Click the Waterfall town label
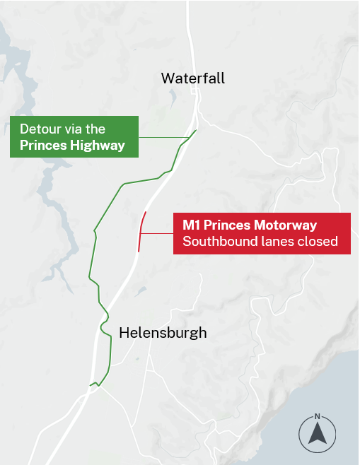(x=193, y=78)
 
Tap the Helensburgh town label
(x=163, y=332)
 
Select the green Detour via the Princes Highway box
(x=73, y=137)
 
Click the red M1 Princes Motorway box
(x=262, y=233)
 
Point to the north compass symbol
(x=318, y=432)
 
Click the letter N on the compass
(x=318, y=416)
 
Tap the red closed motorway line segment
(x=141, y=232)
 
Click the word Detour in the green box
(x=40, y=129)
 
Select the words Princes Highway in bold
(x=72, y=146)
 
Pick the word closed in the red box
(x=320, y=242)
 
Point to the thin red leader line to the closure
(x=157, y=232)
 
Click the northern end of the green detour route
(x=196, y=129)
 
